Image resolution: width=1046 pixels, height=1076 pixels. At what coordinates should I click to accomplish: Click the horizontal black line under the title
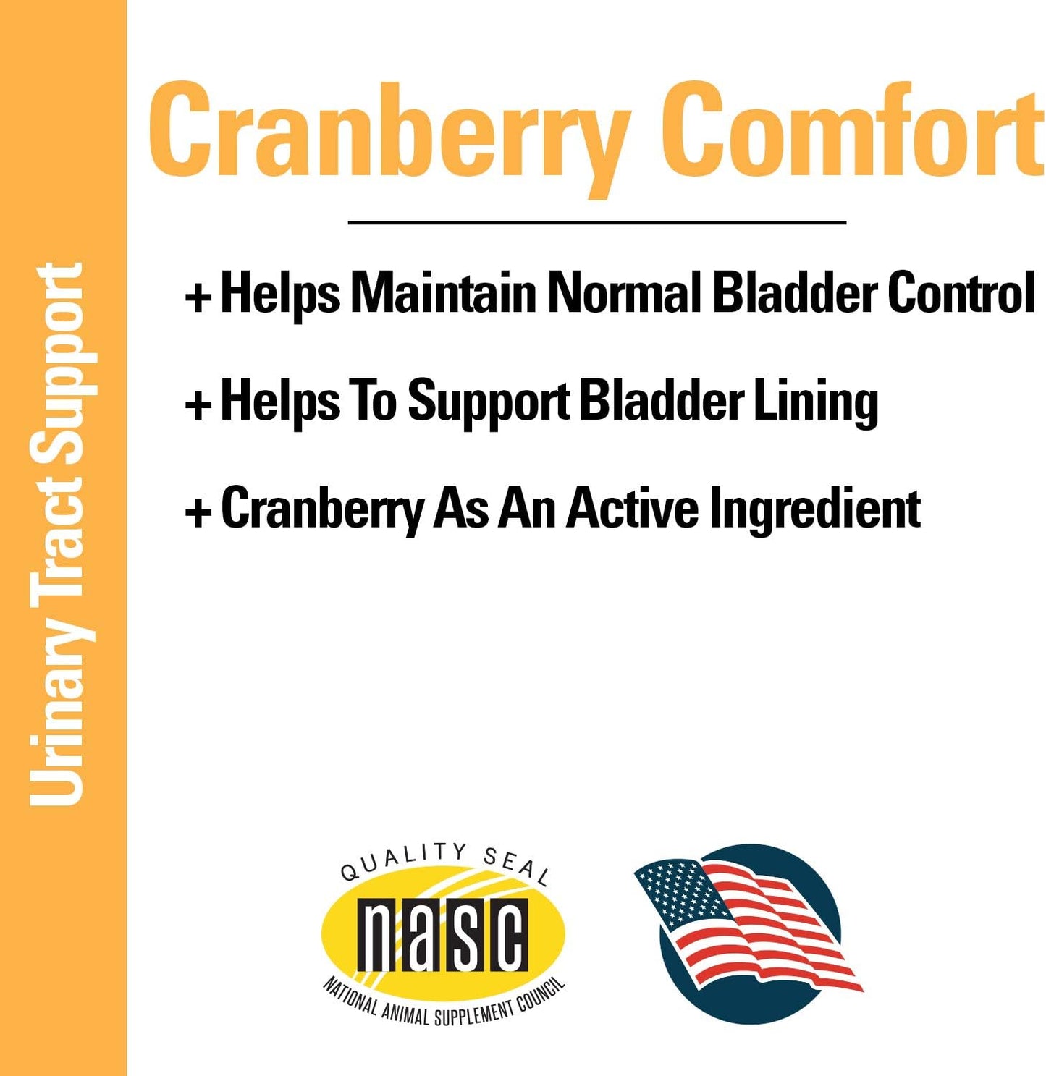coord(597,222)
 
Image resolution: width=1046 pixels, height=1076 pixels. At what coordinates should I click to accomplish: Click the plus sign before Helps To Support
coord(198,403)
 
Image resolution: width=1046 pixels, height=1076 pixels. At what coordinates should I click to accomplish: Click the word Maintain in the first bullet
coord(443,292)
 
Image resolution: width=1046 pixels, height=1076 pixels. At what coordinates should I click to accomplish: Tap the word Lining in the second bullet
coord(816,402)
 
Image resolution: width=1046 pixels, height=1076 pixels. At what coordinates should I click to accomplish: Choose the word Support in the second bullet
coord(489,402)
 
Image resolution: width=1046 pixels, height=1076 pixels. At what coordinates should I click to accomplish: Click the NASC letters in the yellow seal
coord(442,936)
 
